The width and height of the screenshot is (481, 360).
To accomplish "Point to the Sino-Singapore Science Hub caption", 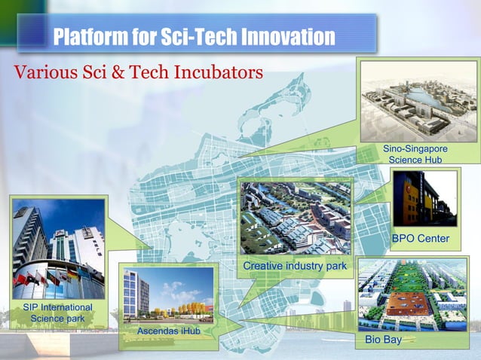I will click(x=416, y=154).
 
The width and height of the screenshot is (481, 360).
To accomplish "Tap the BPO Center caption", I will click(x=420, y=239).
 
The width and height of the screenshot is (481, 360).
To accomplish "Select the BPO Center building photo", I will click(x=424, y=199).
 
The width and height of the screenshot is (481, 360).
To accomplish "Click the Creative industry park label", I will click(x=295, y=267).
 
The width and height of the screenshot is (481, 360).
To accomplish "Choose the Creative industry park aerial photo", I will click(x=295, y=218).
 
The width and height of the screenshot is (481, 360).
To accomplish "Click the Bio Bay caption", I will click(x=382, y=340).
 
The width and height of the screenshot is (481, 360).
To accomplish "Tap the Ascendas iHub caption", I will click(x=167, y=331).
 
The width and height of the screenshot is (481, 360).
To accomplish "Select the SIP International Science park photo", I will click(x=58, y=248).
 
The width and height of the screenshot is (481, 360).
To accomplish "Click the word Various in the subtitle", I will click(x=38, y=73).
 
